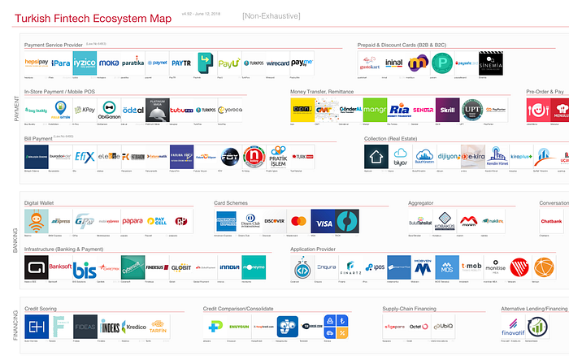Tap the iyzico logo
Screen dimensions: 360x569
point(85,62)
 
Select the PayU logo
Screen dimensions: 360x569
point(228,62)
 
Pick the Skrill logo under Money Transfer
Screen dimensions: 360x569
point(446,109)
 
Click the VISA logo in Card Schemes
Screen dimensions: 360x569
point(323,221)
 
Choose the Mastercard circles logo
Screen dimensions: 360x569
point(298,221)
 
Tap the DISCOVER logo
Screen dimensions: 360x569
point(275,221)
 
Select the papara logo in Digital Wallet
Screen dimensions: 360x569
point(132,221)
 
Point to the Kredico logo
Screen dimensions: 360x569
point(136,327)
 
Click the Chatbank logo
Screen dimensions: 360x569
point(552,221)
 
